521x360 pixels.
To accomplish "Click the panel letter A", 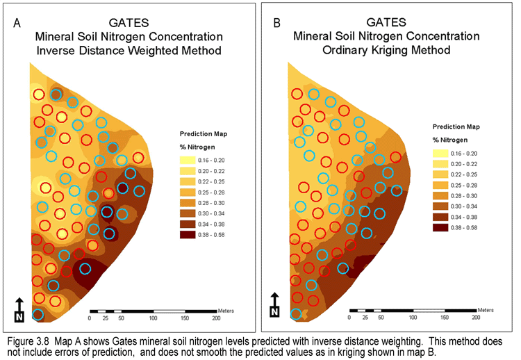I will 17,22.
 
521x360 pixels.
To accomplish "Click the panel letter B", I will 277,22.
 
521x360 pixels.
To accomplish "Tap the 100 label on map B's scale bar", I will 413,317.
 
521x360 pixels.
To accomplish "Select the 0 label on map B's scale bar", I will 349,317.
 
